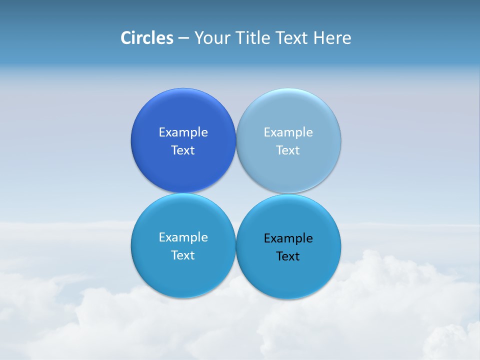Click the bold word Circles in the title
[x=147, y=38]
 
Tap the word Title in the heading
[x=253, y=38]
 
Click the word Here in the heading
[x=332, y=38]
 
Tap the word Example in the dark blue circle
[x=183, y=132]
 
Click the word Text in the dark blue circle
[x=183, y=150]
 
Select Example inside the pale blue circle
[x=288, y=132]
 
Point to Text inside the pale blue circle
[x=288, y=150]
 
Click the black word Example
[x=288, y=238]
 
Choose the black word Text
[x=288, y=256]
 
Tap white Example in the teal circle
[x=183, y=237]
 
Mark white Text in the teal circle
[x=183, y=255]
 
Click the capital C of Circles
[x=126, y=38]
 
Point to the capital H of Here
[x=318, y=38]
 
